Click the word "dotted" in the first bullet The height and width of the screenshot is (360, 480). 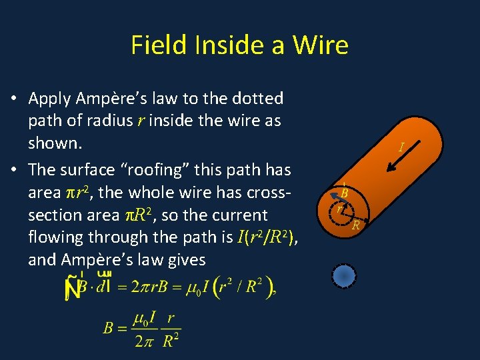pos(257,99)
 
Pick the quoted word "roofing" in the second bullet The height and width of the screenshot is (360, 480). pos(147,169)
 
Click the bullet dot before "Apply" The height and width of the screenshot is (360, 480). pos(14,99)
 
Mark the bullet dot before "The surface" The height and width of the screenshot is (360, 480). pos(14,170)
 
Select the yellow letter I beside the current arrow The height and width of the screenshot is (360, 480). pos(401,147)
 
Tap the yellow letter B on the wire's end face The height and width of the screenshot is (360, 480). pos(344,193)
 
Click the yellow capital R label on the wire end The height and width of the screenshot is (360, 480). pos(356,225)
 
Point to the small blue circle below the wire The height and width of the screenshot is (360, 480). pos(344,276)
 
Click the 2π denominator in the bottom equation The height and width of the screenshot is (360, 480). pos(143,341)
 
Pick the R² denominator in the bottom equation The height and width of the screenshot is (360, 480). pos(171,341)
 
